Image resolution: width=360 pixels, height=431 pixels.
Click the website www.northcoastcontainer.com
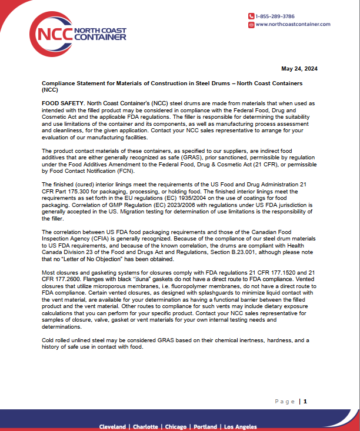click(x=293, y=24)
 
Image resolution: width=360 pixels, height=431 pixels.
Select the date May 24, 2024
click(x=299, y=69)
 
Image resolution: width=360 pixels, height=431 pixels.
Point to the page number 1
click(x=305, y=402)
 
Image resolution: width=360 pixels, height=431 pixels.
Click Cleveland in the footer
click(x=112, y=426)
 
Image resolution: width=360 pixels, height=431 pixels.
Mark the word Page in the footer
click(x=284, y=402)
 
